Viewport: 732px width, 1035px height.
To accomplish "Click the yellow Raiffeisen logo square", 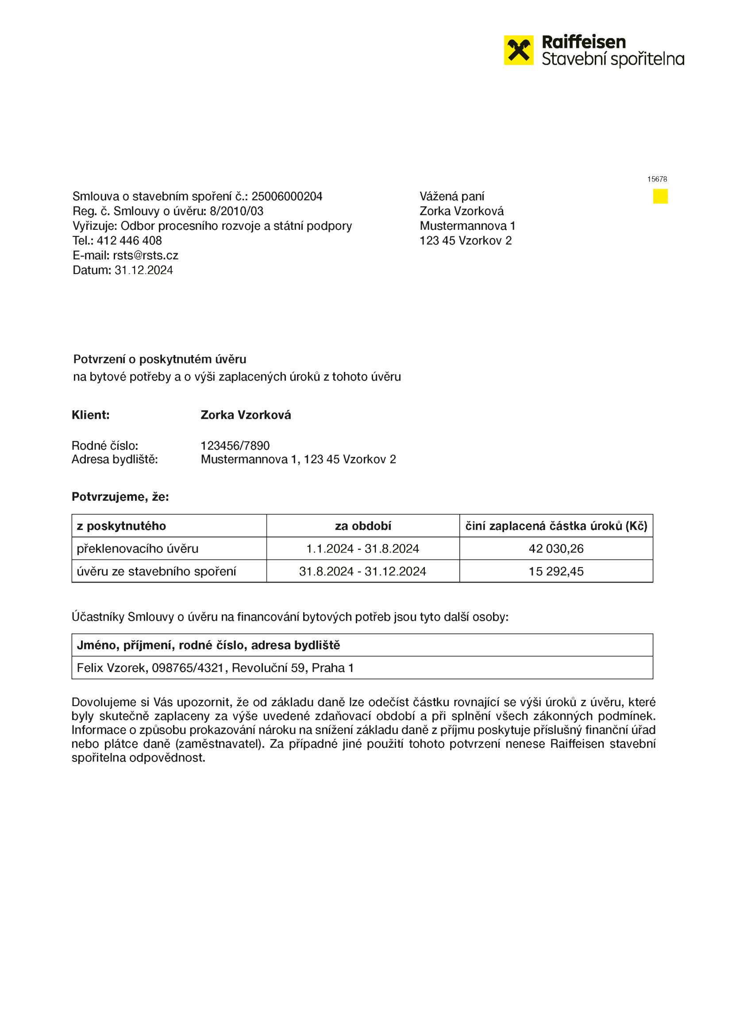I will click(x=518, y=50).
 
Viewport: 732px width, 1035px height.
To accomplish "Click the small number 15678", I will click(x=657, y=179).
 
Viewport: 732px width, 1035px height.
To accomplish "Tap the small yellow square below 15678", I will click(x=660, y=196).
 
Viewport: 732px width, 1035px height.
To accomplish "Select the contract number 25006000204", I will click(x=287, y=196).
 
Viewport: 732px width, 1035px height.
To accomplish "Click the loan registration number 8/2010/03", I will click(x=236, y=211).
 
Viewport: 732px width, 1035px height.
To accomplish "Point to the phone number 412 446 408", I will click(x=129, y=241).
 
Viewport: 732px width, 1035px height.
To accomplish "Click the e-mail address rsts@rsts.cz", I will click(x=145, y=255).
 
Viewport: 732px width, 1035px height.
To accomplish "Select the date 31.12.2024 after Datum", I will click(x=143, y=270).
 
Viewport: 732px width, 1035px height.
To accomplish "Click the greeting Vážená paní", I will click(x=452, y=196).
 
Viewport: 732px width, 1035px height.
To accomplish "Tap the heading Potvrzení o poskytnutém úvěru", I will click(x=160, y=359).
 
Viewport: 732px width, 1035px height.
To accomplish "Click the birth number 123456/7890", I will click(x=235, y=446).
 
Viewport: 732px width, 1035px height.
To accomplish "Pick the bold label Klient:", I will click(x=91, y=415).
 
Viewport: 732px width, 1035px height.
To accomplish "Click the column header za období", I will click(x=363, y=526).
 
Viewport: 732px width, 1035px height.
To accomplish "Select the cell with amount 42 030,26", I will click(x=556, y=548).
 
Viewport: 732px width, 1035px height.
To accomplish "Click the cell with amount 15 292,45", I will click(x=556, y=572).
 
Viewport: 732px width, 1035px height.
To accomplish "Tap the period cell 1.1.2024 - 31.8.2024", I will click(x=363, y=548).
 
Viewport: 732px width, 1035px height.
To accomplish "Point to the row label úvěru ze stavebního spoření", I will click(x=156, y=572).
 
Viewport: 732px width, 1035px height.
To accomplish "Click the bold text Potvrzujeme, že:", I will click(x=120, y=497).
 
